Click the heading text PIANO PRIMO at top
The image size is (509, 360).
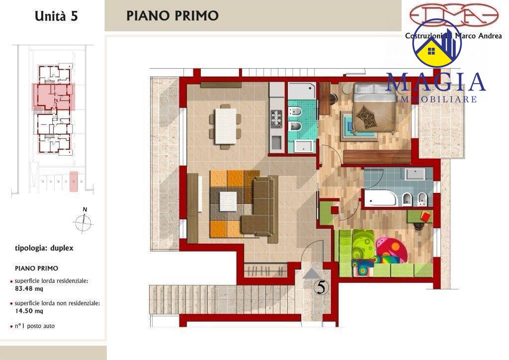point(172,15)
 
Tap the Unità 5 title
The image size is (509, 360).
point(56,16)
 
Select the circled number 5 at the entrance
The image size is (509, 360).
point(322,287)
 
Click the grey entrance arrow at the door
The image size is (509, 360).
point(311,273)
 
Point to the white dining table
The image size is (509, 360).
point(226,126)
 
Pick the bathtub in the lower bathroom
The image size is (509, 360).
point(380,199)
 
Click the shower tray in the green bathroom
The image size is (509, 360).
point(302,91)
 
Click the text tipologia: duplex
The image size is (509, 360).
point(44,248)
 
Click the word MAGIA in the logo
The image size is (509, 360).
point(435,83)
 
